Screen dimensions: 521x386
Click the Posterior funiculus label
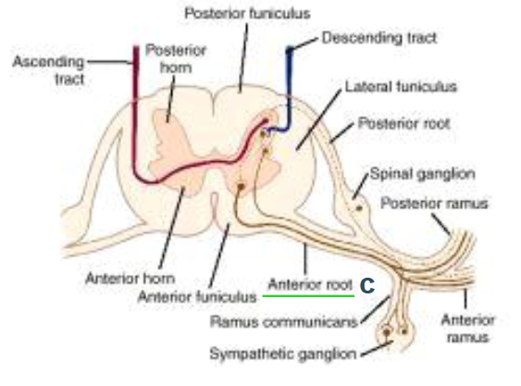247,14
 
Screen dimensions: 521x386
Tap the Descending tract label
379,38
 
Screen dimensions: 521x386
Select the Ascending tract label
48,70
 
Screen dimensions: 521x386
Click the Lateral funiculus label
401,87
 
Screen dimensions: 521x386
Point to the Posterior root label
403,124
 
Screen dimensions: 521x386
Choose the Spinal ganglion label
422,174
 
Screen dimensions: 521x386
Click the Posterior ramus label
434,203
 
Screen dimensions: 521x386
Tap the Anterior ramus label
468,329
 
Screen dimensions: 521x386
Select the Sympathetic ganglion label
283,355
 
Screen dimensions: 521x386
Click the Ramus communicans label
284,322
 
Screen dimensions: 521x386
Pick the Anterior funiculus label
197,296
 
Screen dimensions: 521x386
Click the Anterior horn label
130,279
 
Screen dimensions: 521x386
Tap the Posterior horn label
176,59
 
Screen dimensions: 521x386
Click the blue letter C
367,286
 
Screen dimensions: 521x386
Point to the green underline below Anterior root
308,295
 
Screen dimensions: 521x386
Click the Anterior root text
310,284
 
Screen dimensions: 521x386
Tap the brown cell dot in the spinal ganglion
359,208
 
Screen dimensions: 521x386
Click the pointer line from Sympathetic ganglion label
378,348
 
